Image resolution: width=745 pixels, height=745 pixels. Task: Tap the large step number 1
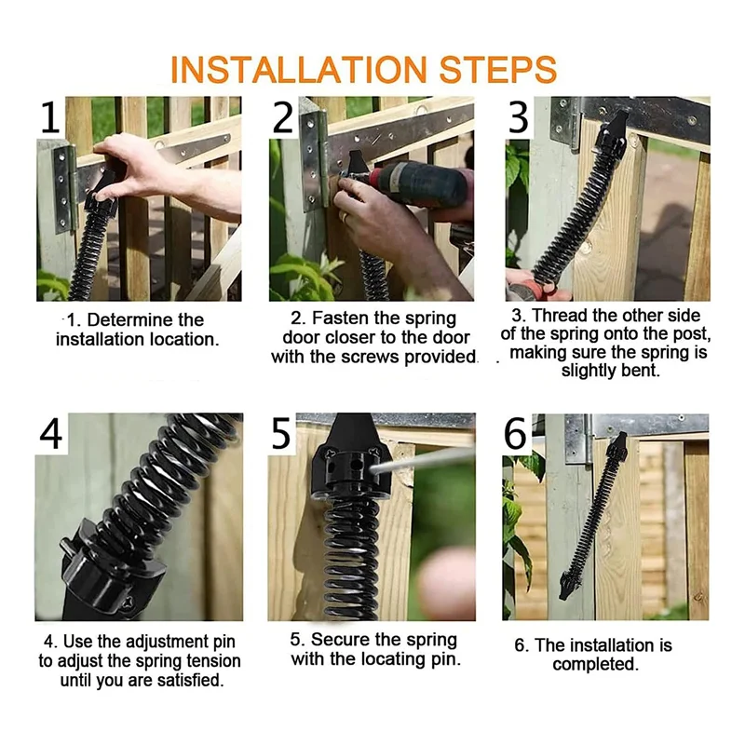(51, 118)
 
